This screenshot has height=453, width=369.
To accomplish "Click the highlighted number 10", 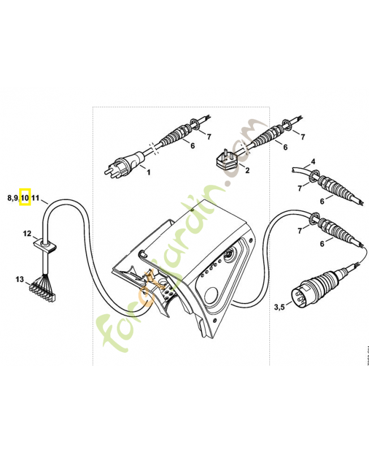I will pyautogui.click(x=25, y=198).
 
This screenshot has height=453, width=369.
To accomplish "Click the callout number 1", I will pyautogui.click(x=148, y=172).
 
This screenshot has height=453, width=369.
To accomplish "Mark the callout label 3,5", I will pyautogui.click(x=280, y=307).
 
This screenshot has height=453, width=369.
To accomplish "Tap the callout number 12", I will pyautogui.click(x=27, y=233).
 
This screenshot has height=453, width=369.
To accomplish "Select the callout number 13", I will pyautogui.click(x=20, y=279).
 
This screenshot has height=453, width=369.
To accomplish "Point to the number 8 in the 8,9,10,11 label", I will pyautogui.click(x=10, y=198).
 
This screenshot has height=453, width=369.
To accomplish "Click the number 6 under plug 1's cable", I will pyautogui.click(x=192, y=146).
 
